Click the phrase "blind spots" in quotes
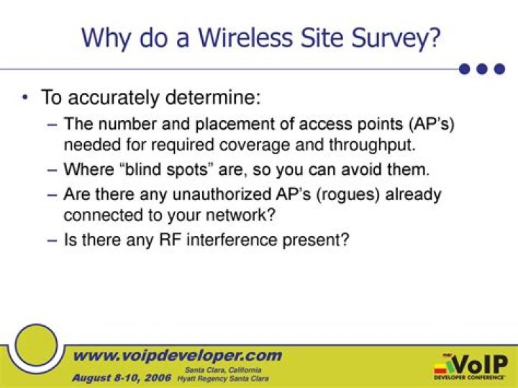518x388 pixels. (153, 170)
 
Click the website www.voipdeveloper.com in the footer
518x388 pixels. (178, 356)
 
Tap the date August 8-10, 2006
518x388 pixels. (120, 377)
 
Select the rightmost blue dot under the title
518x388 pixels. (501, 69)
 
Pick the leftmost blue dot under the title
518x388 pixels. (465, 69)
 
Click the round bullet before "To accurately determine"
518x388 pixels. (27, 97)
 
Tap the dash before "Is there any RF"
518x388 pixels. (52, 240)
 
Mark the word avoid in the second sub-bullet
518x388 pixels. (370, 170)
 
